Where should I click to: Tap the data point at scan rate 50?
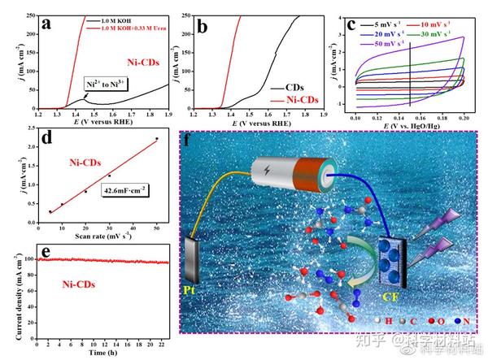pos(156,139)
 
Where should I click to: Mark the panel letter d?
pos(46,138)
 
